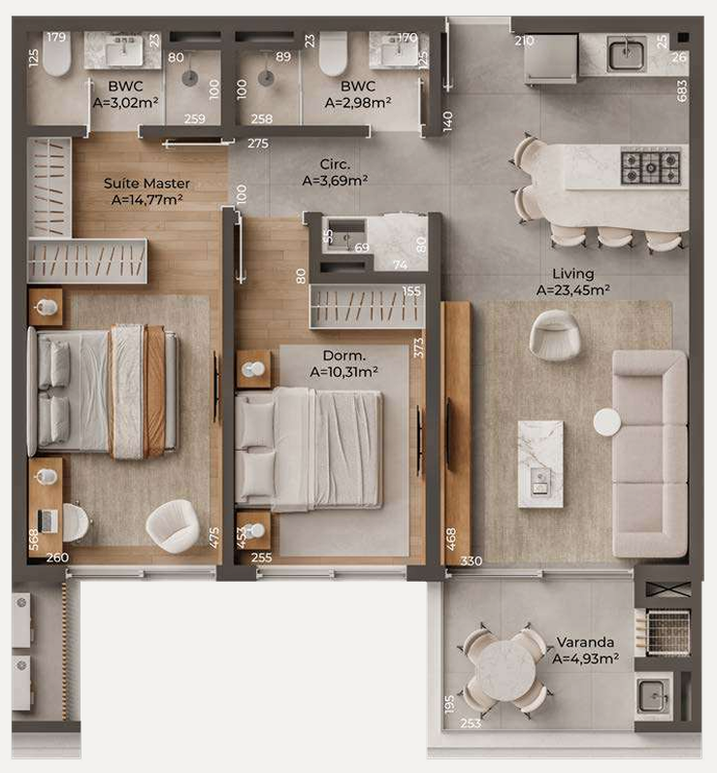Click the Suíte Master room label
pyautogui.click(x=147, y=184)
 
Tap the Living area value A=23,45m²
pyautogui.click(x=573, y=289)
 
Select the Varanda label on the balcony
pyautogui.click(x=585, y=642)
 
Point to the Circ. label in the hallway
pyautogui.click(x=335, y=164)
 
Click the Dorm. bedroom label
pyautogui.click(x=344, y=355)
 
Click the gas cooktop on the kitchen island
pyautogui.click(x=650, y=167)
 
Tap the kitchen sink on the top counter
pyautogui.click(x=626, y=53)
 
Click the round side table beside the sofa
pyautogui.click(x=607, y=422)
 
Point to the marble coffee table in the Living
pyautogui.click(x=540, y=464)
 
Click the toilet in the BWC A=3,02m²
pyautogui.click(x=56, y=54)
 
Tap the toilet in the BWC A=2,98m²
pyautogui.click(x=334, y=53)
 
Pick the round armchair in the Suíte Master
pyautogui.click(x=172, y=526)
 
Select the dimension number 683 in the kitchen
pyautogui.click(x=681, y=91)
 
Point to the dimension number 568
pyautogui.click(x=34, y=539)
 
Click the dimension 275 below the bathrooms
pyautogui.click(x=258, y=144)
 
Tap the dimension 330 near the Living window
pyautogui.click(x=472, y=561)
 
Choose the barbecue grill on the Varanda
pyautogui.click(x=668, y=632)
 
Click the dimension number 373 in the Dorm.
pyautogui.click(x=418, y=348)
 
